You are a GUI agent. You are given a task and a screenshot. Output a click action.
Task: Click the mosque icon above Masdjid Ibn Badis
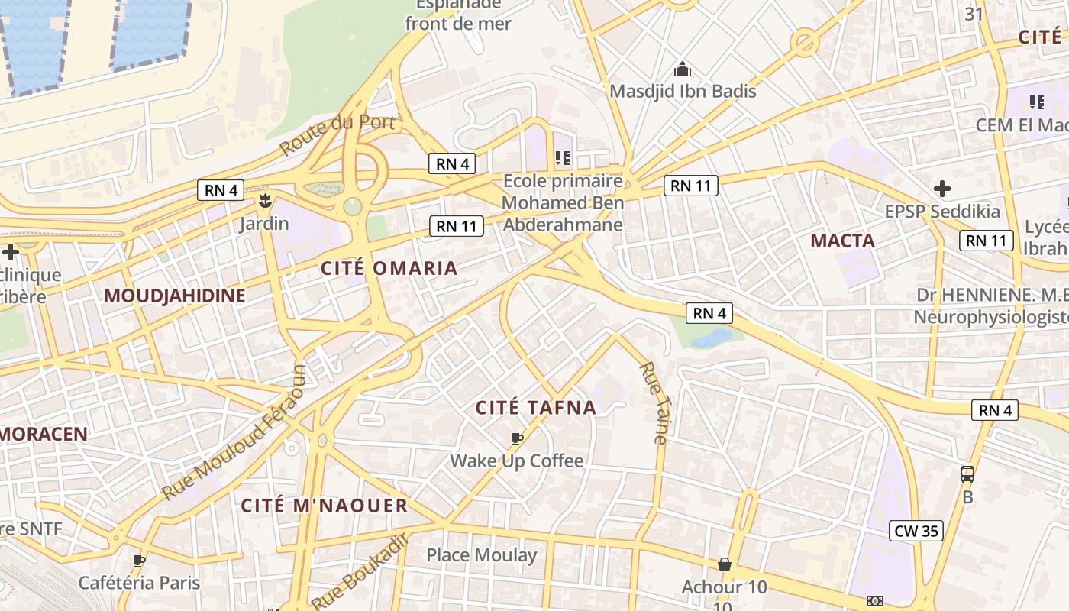pyautogui.click(x=683, y=70)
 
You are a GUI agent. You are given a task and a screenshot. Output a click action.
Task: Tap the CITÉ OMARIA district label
pyautogui.click(x=389, y=268)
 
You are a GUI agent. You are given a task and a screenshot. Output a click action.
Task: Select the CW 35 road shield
pyautogui.click(x=916, y=531)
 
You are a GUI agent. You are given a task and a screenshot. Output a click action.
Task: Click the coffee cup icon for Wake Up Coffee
pyautogui.click(x=517, y=438)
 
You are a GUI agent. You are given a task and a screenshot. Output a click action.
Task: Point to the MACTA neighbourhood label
pyautogui.click(x=842, y=241)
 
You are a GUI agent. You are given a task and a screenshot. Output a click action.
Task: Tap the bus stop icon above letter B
pyautogui.click(x=967, y=474)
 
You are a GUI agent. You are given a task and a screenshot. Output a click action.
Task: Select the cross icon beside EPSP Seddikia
pyautogui.click(x=942, y=188)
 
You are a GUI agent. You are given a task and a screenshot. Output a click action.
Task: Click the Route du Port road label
pyautogui.click(x=337, y=134)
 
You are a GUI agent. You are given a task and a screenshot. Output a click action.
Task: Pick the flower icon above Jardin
pyautogui.click(x=265, y=202)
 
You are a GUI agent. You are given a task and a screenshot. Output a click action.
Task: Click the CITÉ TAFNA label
pyautogui.click(x=536, y=408)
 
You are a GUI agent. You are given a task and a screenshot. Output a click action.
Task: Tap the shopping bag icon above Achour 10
pyautogui.click(x=724, y=565)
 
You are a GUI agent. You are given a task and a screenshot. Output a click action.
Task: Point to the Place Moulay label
pyautogui.click(x=481, y=555)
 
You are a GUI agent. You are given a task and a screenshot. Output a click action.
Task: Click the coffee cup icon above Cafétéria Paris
pyautogui.click(x=139, y=561)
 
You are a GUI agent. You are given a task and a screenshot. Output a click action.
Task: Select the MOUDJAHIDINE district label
pyautogui.click(x=174, y=296)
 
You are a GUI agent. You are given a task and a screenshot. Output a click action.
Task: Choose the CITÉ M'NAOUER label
pyautogui.click(x=325, y=506)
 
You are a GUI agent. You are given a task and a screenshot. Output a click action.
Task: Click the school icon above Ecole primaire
pyautogui.click(x=563, y=158)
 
